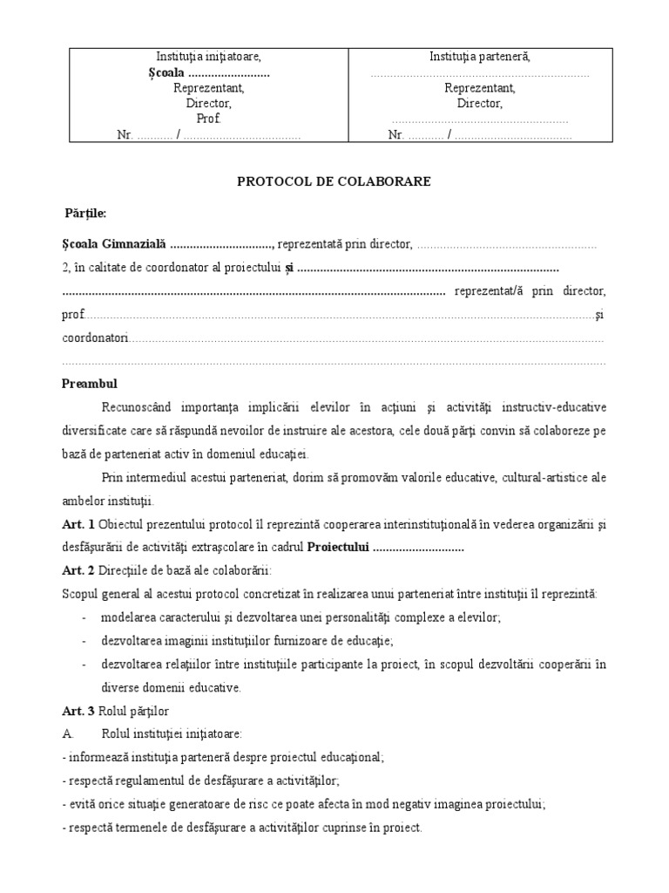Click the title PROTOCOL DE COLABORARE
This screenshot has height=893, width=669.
(x=334, y=181)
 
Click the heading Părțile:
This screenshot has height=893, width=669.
(x=85, y=213)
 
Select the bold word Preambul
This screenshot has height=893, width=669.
(x=89, y=383)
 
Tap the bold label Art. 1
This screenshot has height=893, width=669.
(x=78, y=523)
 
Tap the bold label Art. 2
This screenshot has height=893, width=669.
(x=78, y=570)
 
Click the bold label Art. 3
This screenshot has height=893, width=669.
(x=78, y=712)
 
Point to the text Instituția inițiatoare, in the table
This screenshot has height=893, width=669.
(x=208, y=57)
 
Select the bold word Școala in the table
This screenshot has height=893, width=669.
(x=166, y=72)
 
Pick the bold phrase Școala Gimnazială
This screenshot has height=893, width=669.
(x=113, y=244)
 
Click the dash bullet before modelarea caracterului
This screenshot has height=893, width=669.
(x=83, y=617)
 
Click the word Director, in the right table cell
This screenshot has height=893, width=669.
(x=480, y=104)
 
